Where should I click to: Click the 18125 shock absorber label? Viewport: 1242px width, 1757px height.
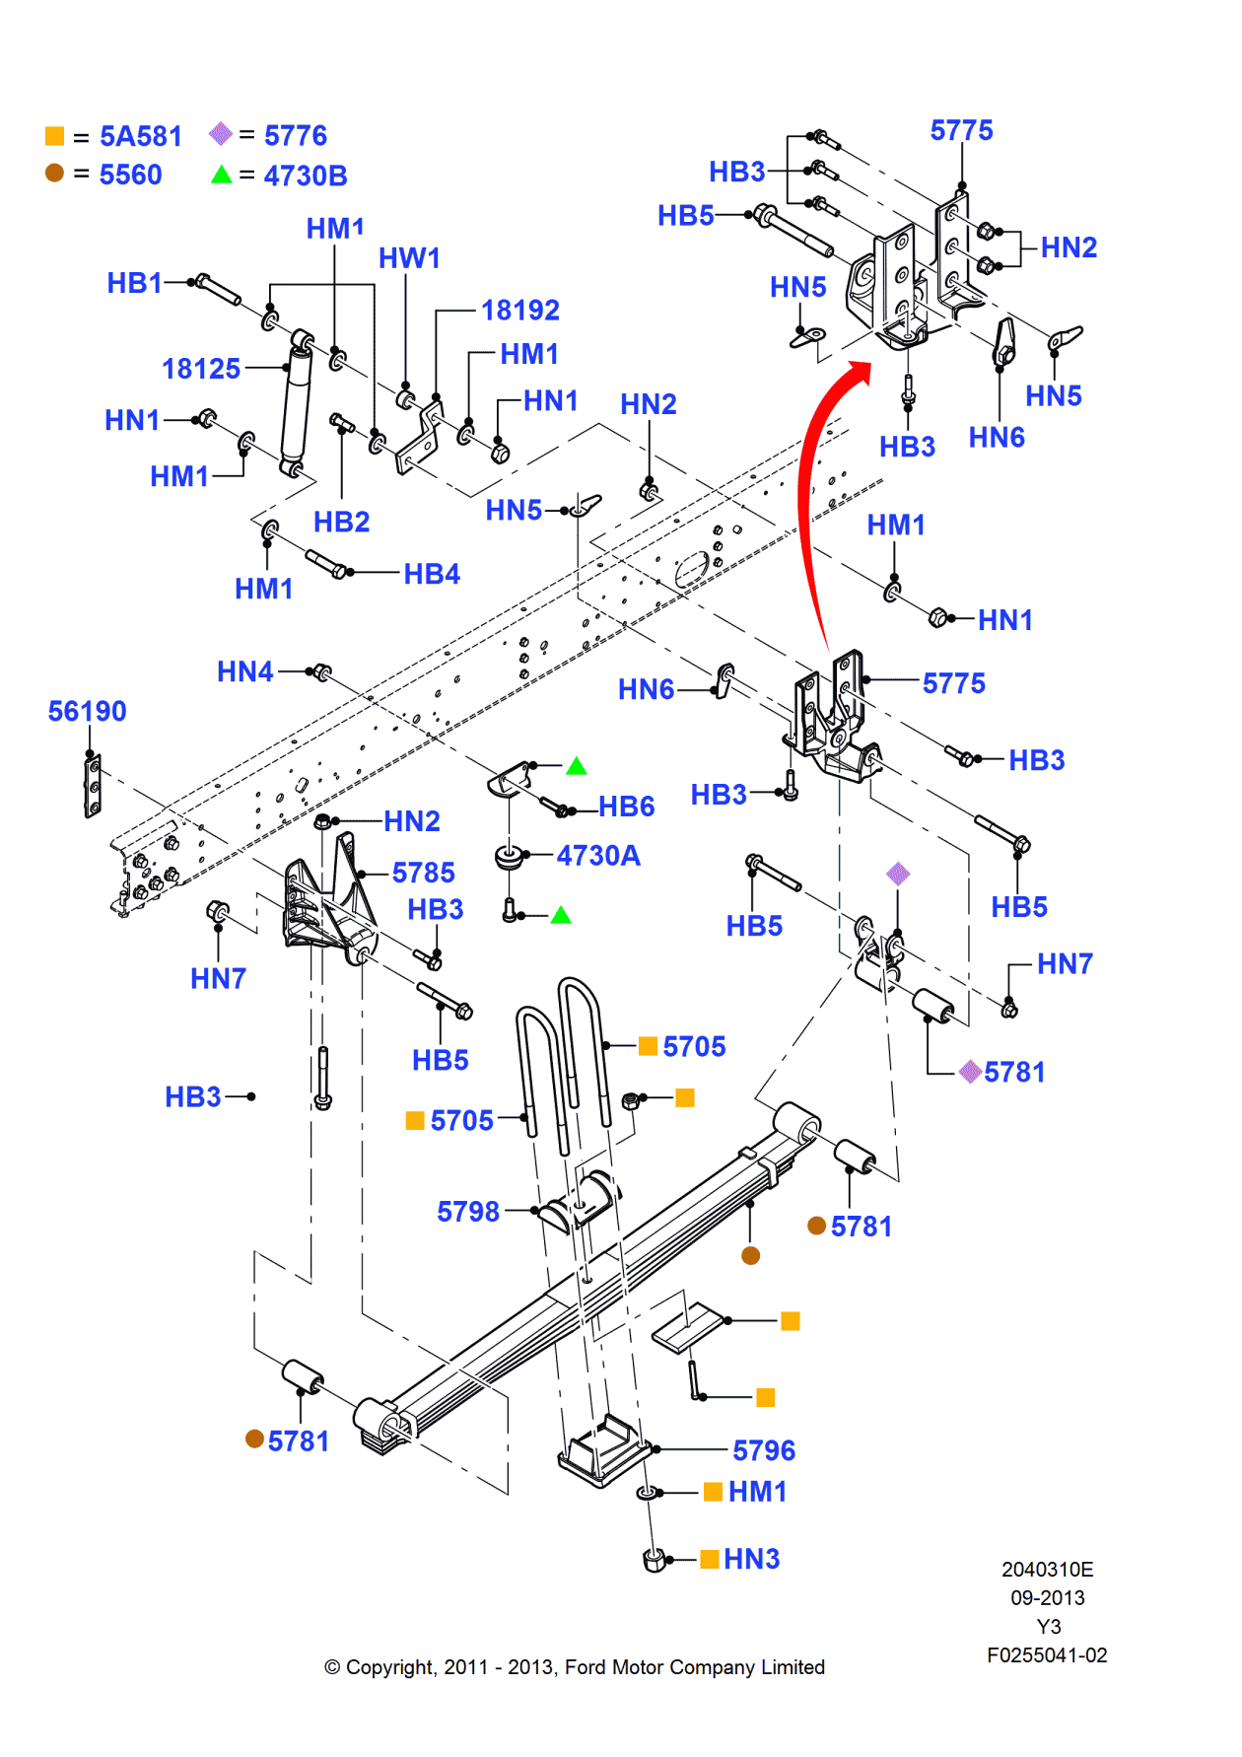pos(201,369)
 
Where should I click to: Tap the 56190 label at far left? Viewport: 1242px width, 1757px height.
pos(87,711)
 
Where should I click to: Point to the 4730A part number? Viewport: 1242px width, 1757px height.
pos(598,855)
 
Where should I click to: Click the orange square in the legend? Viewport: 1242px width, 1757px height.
pos(55,136)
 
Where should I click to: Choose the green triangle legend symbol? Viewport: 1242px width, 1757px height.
pos(222,175)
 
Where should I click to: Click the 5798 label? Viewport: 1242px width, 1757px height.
pos(468,1211)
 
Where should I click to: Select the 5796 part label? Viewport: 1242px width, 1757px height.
pos(764,1450)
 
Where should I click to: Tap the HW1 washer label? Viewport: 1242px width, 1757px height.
pos(409,258)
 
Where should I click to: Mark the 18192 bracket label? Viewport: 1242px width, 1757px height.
pos(519,311)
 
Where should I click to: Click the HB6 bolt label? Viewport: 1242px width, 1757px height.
pos(627,807)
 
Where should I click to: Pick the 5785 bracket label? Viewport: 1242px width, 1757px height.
pos(424,873)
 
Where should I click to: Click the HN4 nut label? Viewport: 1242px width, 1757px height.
pos(244,671)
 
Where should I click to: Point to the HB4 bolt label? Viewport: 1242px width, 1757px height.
pos(432,574)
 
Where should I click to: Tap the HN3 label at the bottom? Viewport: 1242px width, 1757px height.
pos(751,1559)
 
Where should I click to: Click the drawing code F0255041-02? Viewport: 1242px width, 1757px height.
pos(1047,1655)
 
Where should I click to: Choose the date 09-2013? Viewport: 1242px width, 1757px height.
pos(1047,1598)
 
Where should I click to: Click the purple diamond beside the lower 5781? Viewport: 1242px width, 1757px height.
pos(970,1072)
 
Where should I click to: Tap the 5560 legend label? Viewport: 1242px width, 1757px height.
pos(130,175)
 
